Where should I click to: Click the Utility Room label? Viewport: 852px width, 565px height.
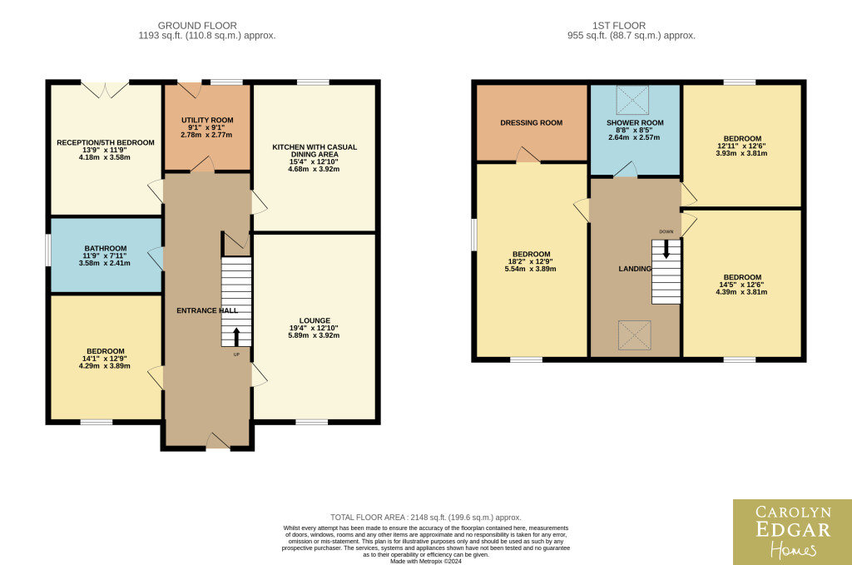(x=207, y=120)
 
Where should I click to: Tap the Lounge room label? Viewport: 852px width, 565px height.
(x=314, y=320)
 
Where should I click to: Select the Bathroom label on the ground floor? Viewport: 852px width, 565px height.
(x=106, y=248)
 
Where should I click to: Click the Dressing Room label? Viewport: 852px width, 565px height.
(x=532, y=123)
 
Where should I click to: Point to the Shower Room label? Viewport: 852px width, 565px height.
(x=635, y=123)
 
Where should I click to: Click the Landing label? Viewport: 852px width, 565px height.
(x=635, y=269)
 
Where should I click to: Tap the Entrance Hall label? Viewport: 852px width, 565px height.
(x=207, y=310)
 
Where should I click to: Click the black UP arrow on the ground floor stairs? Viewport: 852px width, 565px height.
(x=236, y=337)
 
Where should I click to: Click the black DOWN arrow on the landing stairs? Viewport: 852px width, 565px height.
(x=666, y=250)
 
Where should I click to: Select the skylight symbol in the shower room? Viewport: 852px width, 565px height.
(x=632, y=100)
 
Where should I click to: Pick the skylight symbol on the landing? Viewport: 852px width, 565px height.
(x=634, y=335)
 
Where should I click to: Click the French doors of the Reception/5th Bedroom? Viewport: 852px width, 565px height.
(x=106, y=90)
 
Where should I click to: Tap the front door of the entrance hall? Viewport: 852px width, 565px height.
(x=218, y=441)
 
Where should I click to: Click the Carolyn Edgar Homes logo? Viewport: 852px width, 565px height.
(x=792, y=532)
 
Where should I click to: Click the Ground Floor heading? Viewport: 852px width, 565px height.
(x=197, y=26)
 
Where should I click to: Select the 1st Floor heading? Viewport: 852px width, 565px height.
(x=619, y=26)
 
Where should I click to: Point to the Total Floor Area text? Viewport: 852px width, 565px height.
(x=425, y=518)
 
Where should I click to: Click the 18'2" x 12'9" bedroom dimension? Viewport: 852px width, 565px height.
(x=531, y=261)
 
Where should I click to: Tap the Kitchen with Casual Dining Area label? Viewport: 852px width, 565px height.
(x=314, y=151)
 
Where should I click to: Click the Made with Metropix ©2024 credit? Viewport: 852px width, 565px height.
(x=426, y=561)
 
